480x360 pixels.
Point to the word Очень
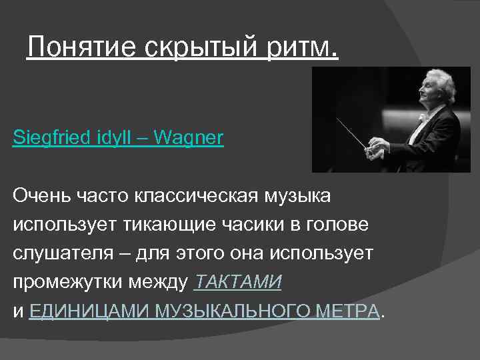coord(39,197)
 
